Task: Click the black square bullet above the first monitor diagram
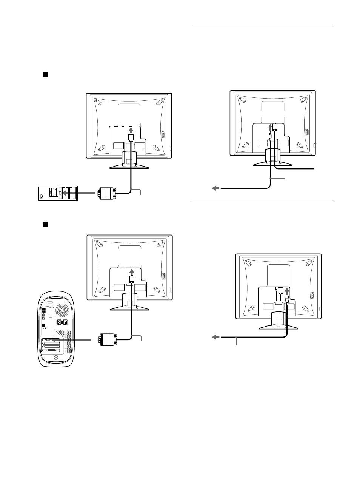45,75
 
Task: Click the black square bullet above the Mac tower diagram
45,224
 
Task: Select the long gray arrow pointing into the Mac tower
71,340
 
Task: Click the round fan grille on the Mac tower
62,311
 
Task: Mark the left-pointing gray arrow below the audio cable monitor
215,188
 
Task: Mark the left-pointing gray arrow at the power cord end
215,337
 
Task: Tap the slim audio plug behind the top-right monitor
271,135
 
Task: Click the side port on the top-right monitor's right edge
306,133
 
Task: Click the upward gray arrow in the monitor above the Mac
132,271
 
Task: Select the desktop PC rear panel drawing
58,193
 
